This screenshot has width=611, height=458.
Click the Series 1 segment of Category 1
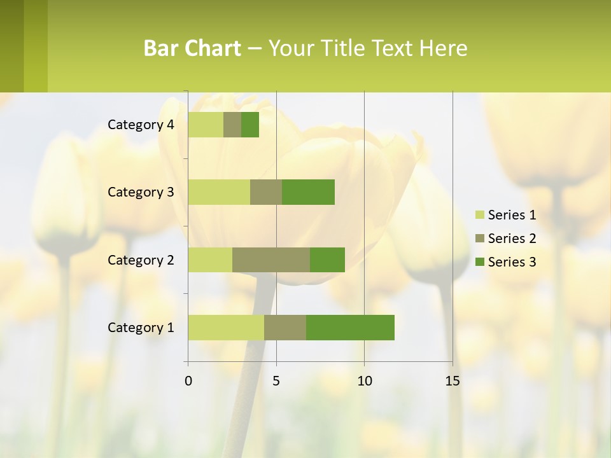(x=226, y=328)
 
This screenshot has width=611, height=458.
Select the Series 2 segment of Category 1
(x=285, y=328)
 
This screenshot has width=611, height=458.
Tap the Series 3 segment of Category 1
(x=350, y=328)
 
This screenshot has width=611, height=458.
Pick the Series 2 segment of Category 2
(x=271, y=260)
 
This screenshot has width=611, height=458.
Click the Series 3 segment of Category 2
(x=327, y=260)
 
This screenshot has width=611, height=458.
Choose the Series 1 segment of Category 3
(x=219, y=192)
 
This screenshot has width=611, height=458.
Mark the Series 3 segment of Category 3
(x=308, y=192)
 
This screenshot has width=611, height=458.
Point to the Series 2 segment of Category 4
(x=232, y=125)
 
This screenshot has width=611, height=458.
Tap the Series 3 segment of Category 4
(x=250, y=125)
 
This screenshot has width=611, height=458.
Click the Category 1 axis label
(x=141, y=328)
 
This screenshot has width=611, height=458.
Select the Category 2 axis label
(x=141, y=260)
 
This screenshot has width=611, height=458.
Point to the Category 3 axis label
(x=141, y=192)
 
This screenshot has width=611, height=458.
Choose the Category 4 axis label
(x=141, y=125)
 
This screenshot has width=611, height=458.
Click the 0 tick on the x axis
(x=188, y=381)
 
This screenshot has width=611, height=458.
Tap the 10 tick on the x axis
(x=364, y=381)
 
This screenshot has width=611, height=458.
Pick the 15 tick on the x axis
(x=452, y=381)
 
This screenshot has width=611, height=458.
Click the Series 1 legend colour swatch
(x=480, y=215)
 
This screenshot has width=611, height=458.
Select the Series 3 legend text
(x=512, y=262)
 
